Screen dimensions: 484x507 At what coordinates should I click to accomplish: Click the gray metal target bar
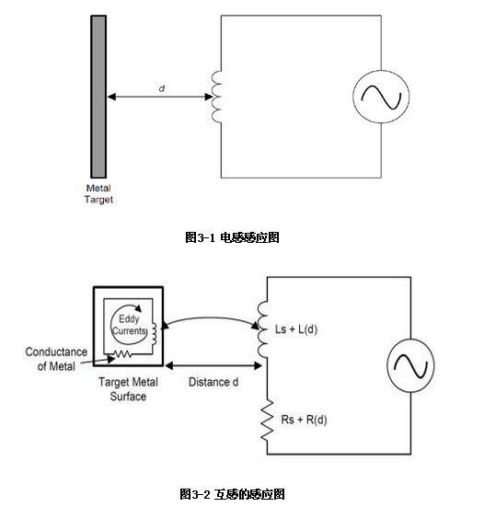[98, 97]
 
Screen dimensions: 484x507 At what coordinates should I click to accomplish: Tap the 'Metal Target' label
[98, 193]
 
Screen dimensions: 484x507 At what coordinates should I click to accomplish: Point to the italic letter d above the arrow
[162, 88]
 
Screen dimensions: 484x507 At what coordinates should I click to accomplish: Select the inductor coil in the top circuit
[216, 97]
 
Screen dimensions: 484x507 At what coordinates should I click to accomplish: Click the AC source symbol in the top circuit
[381, 97]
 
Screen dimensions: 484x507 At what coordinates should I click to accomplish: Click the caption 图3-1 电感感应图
[232, 237]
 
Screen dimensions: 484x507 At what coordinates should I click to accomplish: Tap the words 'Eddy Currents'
[129, 325]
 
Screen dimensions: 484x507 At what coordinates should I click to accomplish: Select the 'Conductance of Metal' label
[56, 359]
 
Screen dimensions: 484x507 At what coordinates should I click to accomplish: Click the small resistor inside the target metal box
[123, 354]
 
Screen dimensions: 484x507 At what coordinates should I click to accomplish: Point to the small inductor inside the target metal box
[154, 334]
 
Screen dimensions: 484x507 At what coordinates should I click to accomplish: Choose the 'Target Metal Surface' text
[128, 389]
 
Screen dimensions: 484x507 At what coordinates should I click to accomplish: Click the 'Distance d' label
[213, 382]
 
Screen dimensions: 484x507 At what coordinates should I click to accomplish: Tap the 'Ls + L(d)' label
[296, 329]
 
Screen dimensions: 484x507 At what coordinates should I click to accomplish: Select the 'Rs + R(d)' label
[304, 420]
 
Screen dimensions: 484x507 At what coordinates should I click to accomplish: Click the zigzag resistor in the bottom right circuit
[267, 420]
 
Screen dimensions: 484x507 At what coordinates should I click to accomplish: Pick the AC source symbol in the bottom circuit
[410, 365]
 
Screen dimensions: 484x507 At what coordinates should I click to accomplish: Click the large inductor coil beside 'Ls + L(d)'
[262, 329]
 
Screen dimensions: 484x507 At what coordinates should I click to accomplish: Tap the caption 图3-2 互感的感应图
[232, 494]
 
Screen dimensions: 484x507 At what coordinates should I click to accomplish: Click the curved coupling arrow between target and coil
[211, 317]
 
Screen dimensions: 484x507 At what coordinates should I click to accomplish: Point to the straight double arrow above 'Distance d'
[213, 365]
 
